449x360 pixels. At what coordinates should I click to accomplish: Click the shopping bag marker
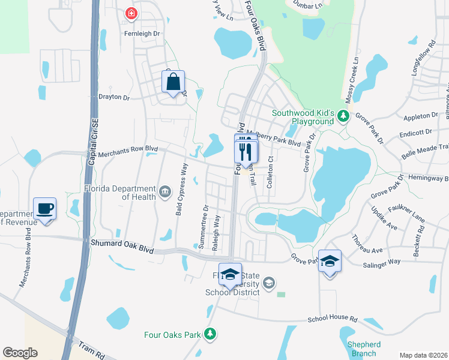coord(173,82)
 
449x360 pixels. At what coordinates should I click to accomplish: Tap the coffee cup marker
coord(45,209)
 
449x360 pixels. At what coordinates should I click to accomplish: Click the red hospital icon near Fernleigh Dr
coord(130,13)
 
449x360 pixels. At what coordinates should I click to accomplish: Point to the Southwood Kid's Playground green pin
coord(343,115)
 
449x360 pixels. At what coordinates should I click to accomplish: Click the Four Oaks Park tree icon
coord(209,334)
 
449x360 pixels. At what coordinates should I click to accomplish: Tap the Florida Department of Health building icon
coord(166,192)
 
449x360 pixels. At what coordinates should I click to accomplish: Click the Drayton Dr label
coord(114,97)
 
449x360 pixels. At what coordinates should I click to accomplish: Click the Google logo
coord(20,353)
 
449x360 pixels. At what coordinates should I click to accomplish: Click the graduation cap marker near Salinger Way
coord(330,262)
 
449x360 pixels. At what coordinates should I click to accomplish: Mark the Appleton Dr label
coord(421,115)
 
